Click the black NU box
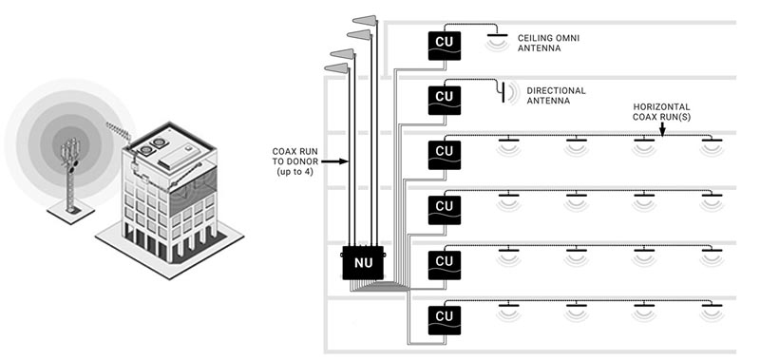(x=364, y=262)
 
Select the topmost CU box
(x=444, y=46)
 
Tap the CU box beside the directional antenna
(x=444, y=101)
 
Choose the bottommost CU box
(x=444, y=320)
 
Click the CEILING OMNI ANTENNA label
(x=548, y=43)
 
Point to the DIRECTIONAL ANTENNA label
(x=556, y=95)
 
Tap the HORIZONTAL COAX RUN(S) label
(x=661, y=111)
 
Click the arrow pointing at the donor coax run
(x=335, y=161)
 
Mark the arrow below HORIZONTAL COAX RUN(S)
(x=661, y=129)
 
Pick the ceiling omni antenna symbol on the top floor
(x=498, y=41)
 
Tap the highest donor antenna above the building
(x=365, y=20)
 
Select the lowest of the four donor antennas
(x=336, y=68)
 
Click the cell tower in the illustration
(x=70, y=174)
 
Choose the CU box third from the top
(x=444, y=155)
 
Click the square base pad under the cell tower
(x=70, y=212)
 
